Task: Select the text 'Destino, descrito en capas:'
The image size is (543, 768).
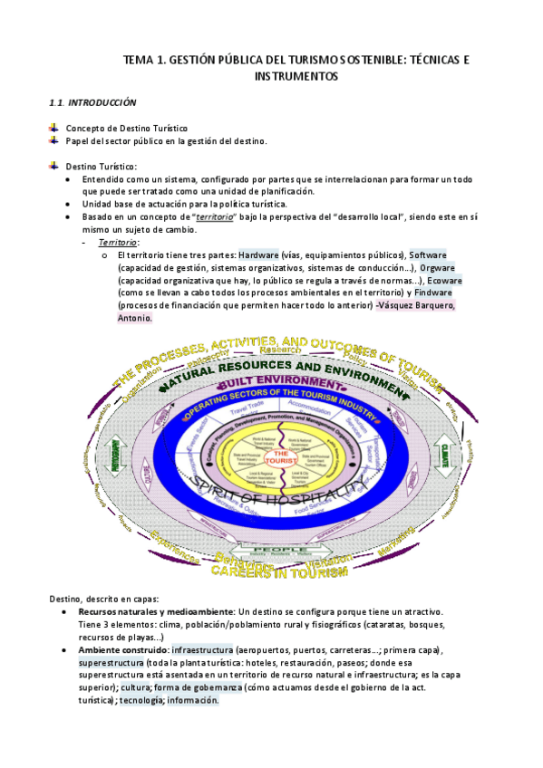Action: click(104, 600)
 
